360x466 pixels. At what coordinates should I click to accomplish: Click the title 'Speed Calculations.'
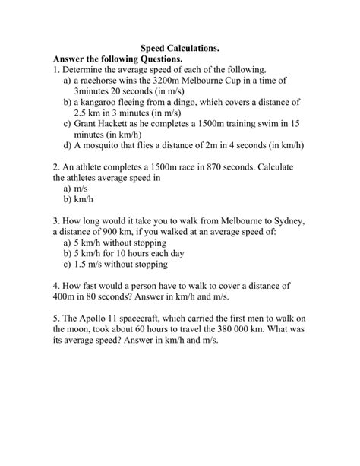pyautogui.click(x=180, y=47)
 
